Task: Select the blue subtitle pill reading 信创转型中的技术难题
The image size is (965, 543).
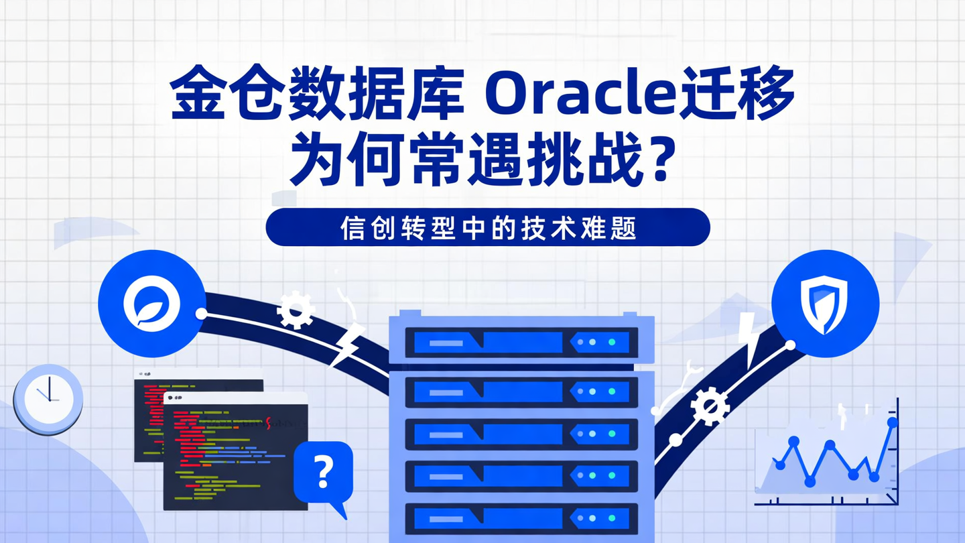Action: tap(487, 228)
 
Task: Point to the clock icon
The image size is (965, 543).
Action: tap(48, 399)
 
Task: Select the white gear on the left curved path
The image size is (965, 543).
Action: tap(296, 310)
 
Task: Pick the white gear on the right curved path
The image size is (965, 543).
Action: tap(710, 406)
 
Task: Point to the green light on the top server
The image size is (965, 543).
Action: tap(611, 342)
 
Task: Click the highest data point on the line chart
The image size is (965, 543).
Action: tap(892, 422)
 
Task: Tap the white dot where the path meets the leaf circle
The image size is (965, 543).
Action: tap(201, 313)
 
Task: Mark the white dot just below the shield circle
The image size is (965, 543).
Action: tap(790, 345)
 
